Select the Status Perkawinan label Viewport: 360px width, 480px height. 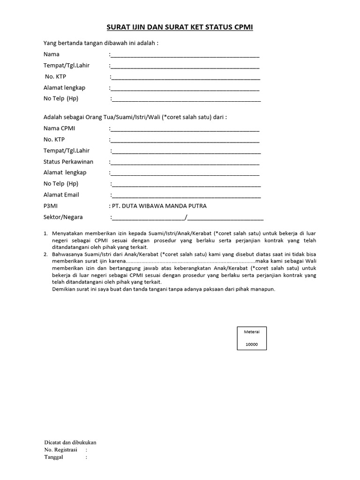tap(68, 162)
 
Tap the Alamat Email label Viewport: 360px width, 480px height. tap(61, 195)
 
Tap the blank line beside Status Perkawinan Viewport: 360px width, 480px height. tap(185, 163)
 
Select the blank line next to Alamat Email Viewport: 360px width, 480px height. tap(186, 196)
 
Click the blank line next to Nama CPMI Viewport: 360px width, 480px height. tap(185, 130)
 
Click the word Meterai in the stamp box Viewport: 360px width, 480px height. tap(251, 332)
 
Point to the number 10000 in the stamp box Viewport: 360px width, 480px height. tap(251, 345)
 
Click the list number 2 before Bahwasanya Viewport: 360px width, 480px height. tap(45, 255)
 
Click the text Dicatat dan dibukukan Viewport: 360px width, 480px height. tap(70, 442)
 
